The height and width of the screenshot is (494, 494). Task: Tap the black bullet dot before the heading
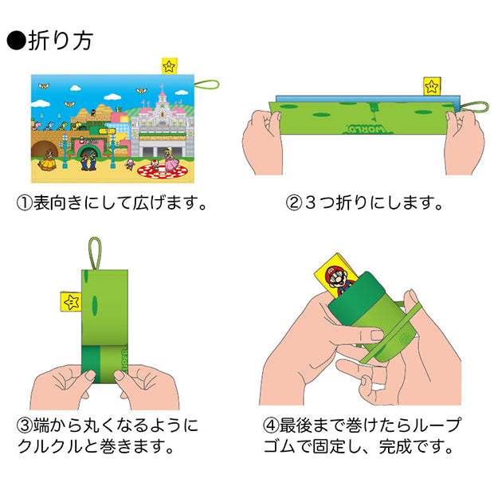tap(17, 41)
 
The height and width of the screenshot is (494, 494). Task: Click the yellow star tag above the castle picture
tap(169, 66)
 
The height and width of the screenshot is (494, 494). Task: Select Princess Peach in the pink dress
tap(170, 162)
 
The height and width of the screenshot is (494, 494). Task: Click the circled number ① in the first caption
tap(25, 202)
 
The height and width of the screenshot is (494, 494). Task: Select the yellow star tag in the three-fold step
tap(432, 86)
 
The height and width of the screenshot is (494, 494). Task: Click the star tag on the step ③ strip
tap(72, 301)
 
